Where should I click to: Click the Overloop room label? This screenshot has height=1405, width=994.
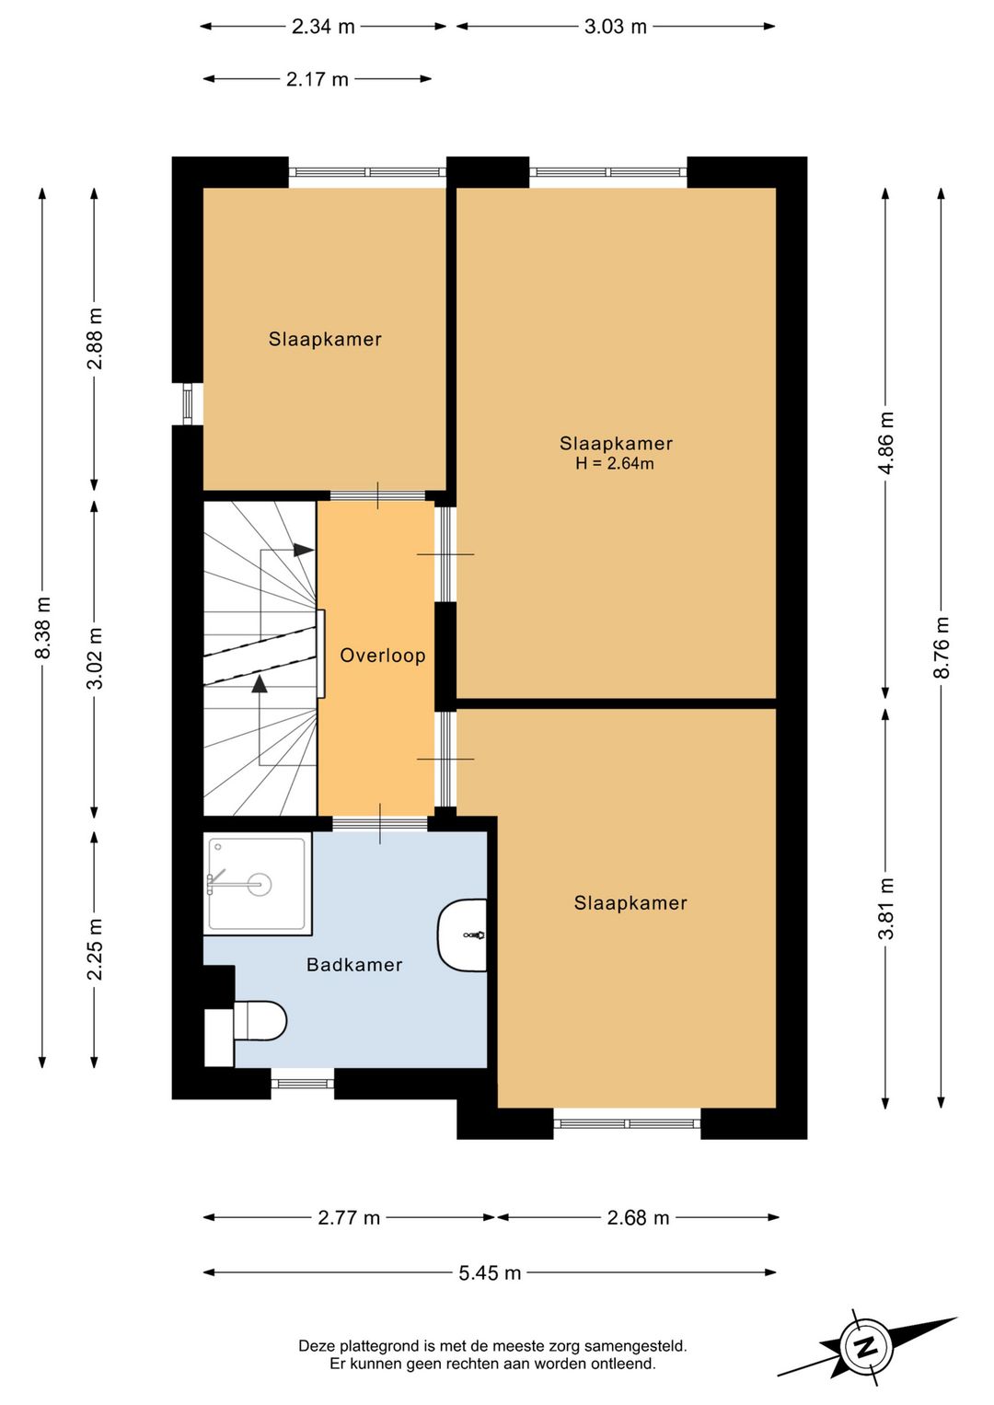[383, 656]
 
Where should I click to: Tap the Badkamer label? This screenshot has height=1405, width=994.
[354, 964]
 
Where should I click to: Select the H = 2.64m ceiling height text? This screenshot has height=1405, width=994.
[615, 463]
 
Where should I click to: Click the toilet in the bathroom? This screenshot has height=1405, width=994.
[259, 1020]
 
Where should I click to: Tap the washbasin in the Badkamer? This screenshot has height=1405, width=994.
[462, 935]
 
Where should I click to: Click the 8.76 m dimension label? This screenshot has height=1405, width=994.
[942, 648]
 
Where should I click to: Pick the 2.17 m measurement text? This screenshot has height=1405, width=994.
[318, 79]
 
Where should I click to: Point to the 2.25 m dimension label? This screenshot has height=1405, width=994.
[95, 949]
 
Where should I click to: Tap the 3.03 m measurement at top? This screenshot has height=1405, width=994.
[615, 27]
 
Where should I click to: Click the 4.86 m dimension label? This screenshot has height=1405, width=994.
[885, 443]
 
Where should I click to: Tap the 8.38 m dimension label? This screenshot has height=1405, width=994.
[42, 627]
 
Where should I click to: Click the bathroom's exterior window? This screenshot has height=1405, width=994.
[302, 1084]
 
